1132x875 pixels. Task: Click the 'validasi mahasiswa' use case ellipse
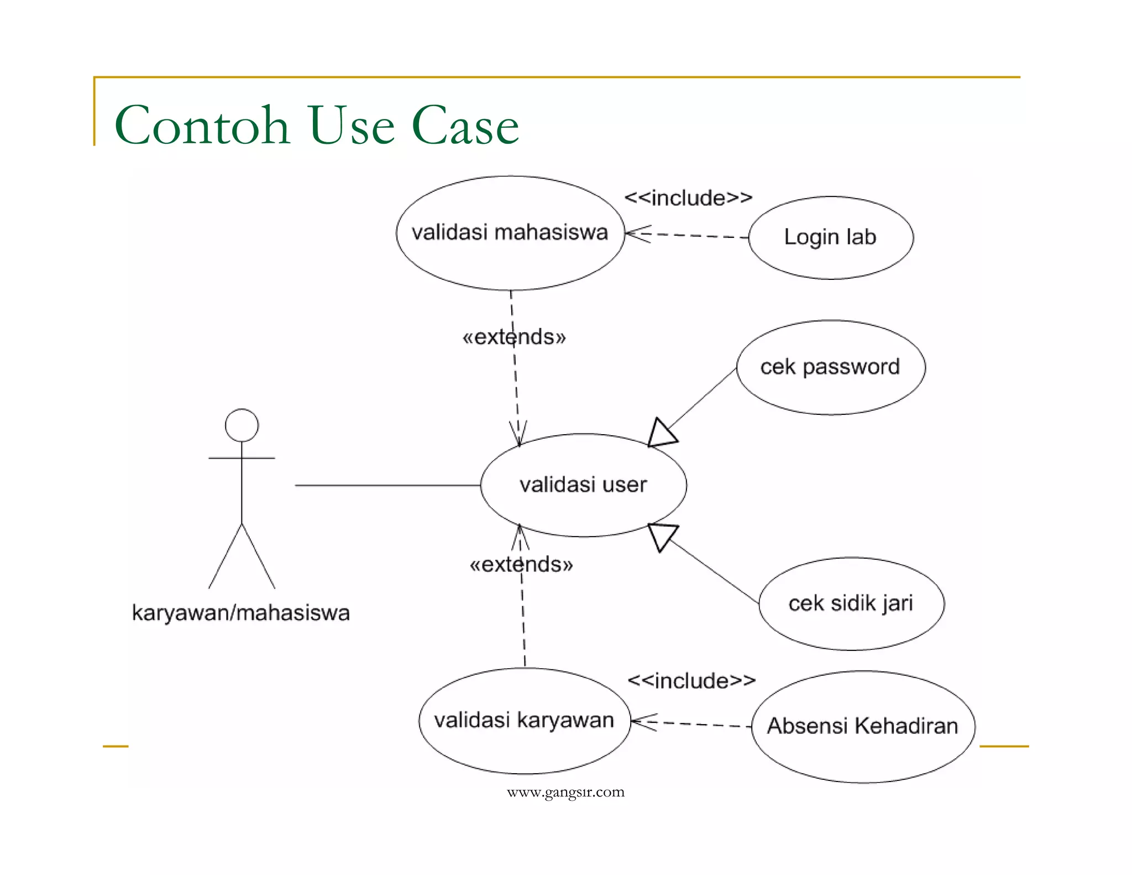[x=510, y=233]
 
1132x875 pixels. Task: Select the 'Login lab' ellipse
[x=830, y=237]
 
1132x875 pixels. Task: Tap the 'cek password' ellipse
[x=830, y=367]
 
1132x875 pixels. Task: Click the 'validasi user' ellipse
[x=583, y=485]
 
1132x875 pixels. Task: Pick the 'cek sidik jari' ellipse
[x=851, y=603]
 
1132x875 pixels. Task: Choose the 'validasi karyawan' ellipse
[x=524, y=721]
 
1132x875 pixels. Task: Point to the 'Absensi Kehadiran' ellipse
[x=862, y=726]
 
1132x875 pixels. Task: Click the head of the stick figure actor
[x=242, y=425]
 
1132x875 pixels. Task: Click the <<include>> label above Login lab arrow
[x=688, y=198]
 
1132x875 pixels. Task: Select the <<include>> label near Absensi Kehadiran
[x=691, y=681]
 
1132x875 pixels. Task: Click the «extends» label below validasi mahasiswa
[x=514, y=337]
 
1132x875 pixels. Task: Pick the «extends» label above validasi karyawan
[x=521, y=565]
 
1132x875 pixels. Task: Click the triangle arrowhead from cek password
[x=662, y=433]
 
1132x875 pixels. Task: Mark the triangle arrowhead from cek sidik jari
[x=662, y=535]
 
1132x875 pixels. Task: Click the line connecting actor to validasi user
[x=387, y=485]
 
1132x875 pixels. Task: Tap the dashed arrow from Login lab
[x=691, y=236]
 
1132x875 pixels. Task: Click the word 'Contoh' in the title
[x=202, y=126]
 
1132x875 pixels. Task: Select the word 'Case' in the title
[x=465, y=126]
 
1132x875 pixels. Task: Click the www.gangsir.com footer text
[x=565, y=792]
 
